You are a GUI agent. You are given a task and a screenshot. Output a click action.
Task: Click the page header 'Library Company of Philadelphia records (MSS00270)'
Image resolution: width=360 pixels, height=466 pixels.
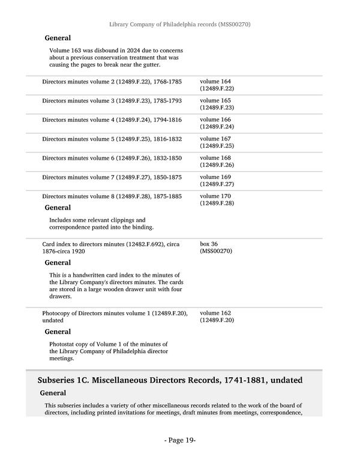pyautogui.click(x=179, y=25)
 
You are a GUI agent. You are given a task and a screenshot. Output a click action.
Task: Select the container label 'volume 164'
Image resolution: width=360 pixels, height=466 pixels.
pyautogui.click(x=215, y=81)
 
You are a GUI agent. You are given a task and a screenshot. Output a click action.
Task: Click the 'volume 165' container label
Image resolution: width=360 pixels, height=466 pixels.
pyautogui.click(x=215, y=100)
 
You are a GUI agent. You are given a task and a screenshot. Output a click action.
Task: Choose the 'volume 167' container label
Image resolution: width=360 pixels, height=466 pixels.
pyautogui.click(x=215, y=139)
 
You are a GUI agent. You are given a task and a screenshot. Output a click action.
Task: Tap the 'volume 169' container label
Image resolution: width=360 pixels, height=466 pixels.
pyautogui.click(x=215, y=177)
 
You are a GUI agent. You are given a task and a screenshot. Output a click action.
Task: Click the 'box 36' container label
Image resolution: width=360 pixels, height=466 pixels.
pyautogui.click(x=210, y=244)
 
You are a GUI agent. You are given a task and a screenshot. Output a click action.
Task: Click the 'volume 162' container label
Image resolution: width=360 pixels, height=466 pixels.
pyautogui.click(x=215, y=313)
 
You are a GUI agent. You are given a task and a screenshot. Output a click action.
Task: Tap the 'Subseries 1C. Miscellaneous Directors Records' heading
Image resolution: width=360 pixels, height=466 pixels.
pyautogui.click(x=170, y=381)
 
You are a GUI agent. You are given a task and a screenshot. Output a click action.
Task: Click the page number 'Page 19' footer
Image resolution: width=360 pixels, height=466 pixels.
pyautogui.click(x=180, y=440)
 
